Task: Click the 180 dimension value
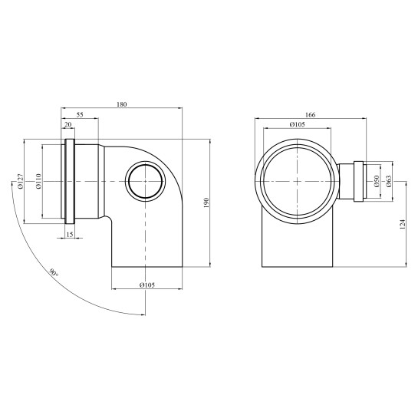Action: point(121,104)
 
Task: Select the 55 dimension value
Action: point(80,115)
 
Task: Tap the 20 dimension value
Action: point(68,125)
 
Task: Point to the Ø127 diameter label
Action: point(21,181)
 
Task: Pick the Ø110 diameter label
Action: point(39,181)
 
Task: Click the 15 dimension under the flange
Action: point(70,235)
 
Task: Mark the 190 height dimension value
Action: point(206,202)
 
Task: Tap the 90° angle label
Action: point(54,273)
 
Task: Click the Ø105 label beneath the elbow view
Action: point(147,285)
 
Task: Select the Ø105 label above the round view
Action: point(297,124)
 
